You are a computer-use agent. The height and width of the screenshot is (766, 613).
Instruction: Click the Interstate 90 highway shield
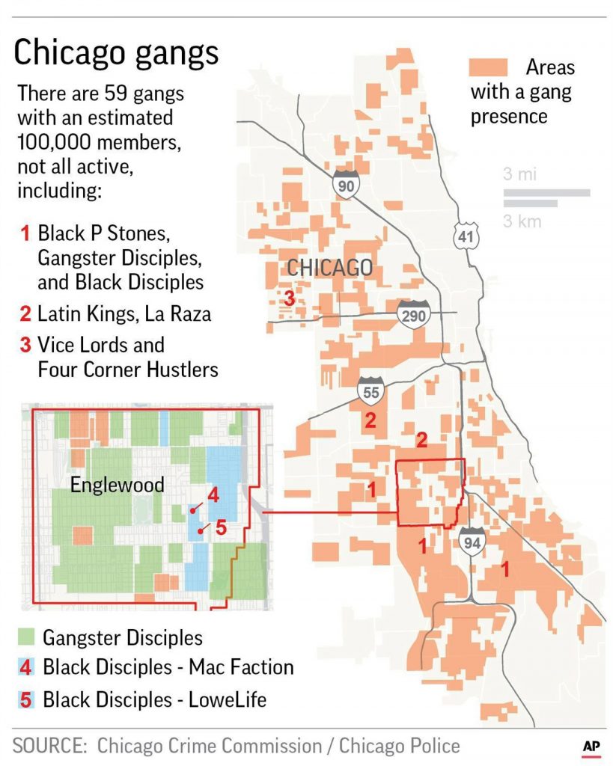[345, 184]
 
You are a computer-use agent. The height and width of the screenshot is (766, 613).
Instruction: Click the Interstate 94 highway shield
[472, 539]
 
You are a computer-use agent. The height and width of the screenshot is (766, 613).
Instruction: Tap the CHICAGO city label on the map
[329, 268]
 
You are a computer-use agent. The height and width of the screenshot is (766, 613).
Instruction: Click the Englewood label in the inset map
[117, 485]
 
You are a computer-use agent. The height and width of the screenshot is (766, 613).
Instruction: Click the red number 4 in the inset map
[213, 494]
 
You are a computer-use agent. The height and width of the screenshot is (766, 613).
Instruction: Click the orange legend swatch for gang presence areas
[487, 67]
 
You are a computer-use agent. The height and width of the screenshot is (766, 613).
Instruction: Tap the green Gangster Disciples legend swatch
[26, 637]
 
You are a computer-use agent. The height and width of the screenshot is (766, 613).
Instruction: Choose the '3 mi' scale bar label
[519, 175]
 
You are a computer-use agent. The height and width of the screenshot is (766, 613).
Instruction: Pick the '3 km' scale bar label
[522, 221]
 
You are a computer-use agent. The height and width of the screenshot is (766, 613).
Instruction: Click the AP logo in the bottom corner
[591, 747]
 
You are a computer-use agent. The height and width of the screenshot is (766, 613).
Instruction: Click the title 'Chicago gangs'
[116, 53]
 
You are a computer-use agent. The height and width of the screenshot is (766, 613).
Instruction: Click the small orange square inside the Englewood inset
[82, 535]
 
